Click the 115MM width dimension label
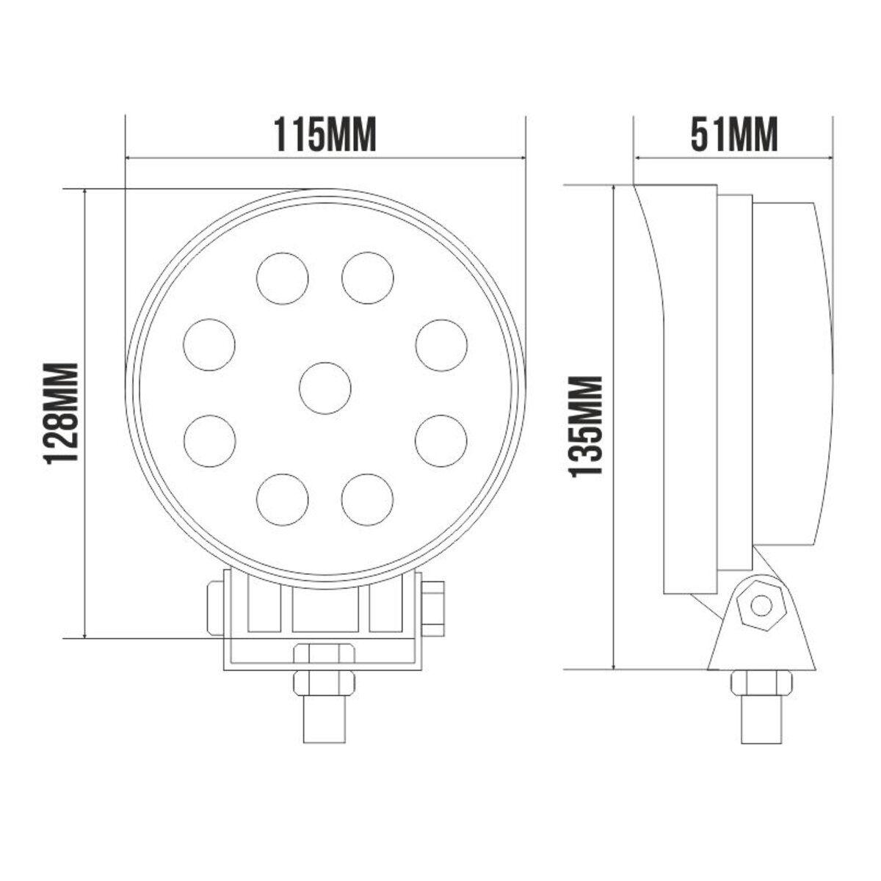coord(325,135)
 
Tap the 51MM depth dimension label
coord(734,135)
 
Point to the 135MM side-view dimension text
coord(587,427)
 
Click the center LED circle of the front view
coord(325,388)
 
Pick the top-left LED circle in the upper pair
coord(283,278)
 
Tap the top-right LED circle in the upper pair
coord(368,278)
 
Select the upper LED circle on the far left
coord(209,344)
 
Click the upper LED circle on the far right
coord(441,344)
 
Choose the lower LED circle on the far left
coord(209,440)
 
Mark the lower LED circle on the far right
coord(441,440)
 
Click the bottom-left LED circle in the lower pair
coord(283,500)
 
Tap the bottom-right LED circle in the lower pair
coord(368,500)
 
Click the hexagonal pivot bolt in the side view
coord(761,606)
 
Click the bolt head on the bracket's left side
coord(215,607)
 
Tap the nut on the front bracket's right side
coord(434,607)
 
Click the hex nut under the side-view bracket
coord(761,684)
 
